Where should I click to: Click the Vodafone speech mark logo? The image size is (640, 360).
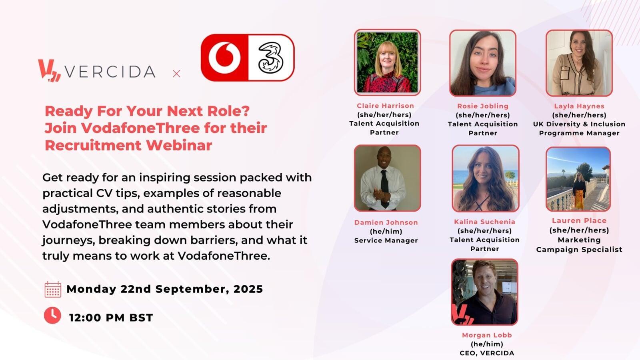(x=224, y=58)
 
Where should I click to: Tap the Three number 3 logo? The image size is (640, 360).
(x=270, y=58)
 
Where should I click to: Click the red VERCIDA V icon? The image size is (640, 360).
(x=50, y=70)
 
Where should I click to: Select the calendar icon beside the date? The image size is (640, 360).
(x=53, y=290)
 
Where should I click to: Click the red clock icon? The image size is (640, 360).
(x=52, y=316)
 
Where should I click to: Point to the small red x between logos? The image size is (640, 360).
(x=176, y=74)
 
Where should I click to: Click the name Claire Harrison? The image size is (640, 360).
(x=385, y=106)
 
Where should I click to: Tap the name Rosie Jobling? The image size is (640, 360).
(x=483, y=106)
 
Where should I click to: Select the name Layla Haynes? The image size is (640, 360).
(x=579, y=106)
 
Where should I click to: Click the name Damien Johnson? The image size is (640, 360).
(x=386, y=222)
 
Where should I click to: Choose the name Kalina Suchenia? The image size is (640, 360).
(x=484, y=222)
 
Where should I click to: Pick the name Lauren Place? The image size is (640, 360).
(x=579, y=220)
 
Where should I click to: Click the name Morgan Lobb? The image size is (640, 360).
(x=487, y=335)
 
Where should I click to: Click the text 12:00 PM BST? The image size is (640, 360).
(x=111, y=318)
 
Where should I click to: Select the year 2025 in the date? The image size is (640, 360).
(x=248, y=289)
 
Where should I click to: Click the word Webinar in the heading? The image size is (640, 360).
(x=179, y=145)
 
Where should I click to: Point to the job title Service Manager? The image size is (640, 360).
(x=386, y=240)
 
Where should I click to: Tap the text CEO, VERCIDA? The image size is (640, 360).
(x=487, y=353)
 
